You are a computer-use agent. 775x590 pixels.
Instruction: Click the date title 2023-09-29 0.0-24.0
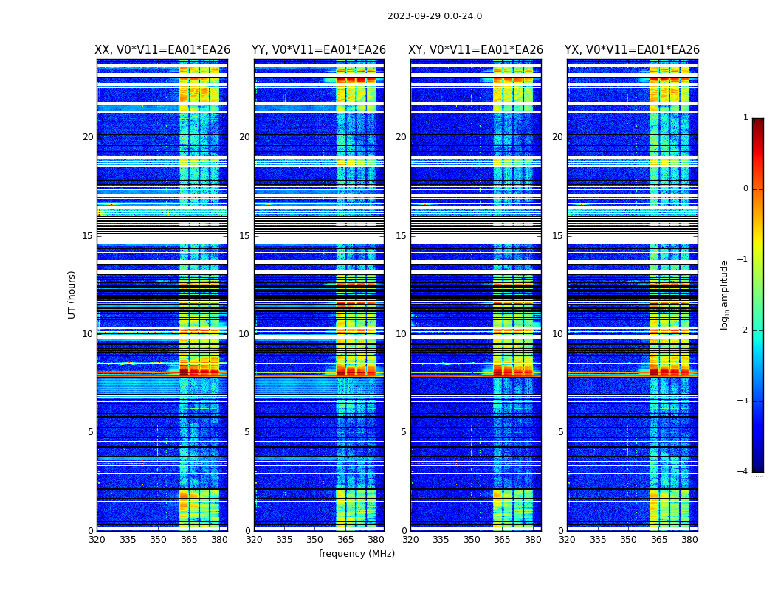[x=435, y=16]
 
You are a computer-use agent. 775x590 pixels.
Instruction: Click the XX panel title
[x=162, y=50]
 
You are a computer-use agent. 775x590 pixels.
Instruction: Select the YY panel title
[x=319, y=50]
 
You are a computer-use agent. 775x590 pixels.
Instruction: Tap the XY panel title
[x=476, y=50]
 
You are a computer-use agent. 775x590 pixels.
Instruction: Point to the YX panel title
[x=632, y=50]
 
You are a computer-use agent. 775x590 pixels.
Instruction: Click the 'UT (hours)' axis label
[x=72, y=294]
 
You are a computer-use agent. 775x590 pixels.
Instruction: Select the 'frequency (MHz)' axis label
[x=356, y=554]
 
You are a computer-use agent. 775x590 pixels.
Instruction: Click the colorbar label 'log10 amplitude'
[x=725, y=294]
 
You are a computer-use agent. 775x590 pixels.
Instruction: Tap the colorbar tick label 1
[x=745, y=118]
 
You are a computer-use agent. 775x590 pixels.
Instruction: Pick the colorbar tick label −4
[x=743, y=472]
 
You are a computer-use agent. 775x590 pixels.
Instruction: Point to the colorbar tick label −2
[x=743, y=330]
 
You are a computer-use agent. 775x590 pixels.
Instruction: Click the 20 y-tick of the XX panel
[x=88, y=137]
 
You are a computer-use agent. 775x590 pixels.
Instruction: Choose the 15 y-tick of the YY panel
[x=244, y=236]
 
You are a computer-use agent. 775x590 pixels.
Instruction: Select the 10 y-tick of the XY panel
[x=401, y=334]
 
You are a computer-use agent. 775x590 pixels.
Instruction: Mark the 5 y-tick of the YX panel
[x=560, y=432]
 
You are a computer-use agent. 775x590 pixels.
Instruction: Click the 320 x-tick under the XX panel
[x=97, y=540]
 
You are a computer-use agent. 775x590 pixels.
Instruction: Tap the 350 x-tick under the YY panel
[x=315, y=540]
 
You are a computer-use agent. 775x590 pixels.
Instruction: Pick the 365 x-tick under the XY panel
[x=502, y=540]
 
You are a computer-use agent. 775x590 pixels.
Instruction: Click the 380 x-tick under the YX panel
[x=689, y=540]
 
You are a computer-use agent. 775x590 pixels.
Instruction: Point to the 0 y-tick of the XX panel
[x=91, y=531]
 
